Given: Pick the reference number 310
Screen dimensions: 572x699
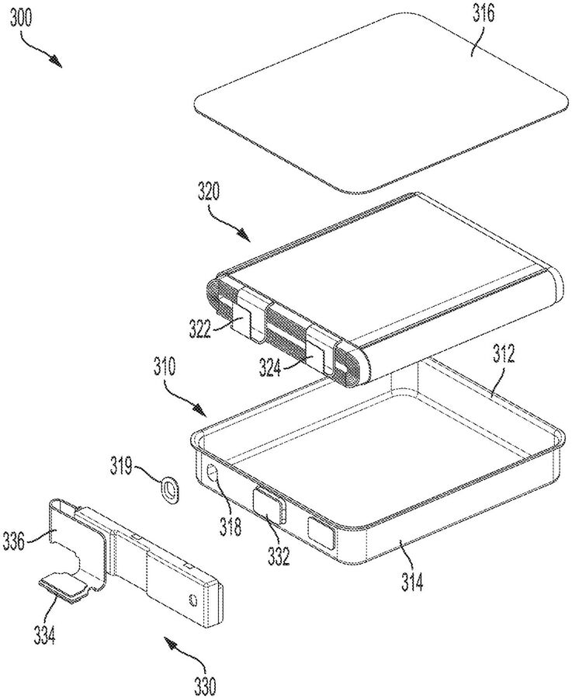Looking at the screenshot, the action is (164, 368).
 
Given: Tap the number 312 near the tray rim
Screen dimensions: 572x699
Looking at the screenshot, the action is (502, 354).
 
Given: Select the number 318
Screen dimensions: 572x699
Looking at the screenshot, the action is (231, 527).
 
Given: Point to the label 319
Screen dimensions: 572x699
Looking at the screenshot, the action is (123, 469).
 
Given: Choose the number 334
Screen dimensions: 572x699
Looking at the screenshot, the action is (46, 636).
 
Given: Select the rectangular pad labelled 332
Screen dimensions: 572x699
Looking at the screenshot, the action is (269, 505).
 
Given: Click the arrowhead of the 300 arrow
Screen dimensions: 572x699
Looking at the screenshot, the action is (56, 61).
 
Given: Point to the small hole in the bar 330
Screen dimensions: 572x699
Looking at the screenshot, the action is (193, 599).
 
